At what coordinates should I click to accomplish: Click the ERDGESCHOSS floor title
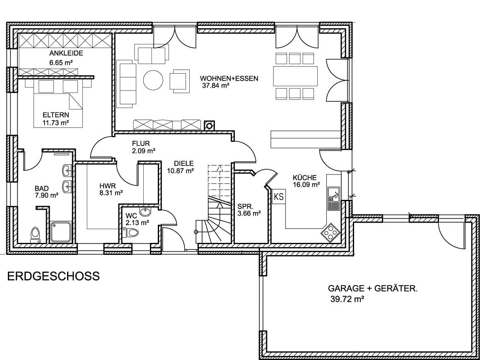[53, 276]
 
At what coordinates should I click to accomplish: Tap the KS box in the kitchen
[279, 197]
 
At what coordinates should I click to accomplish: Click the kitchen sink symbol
[334, 199]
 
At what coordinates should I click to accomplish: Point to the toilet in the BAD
[35, 235]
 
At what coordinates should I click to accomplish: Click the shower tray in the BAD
[61, 232]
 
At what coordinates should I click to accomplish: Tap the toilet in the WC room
[131, 233]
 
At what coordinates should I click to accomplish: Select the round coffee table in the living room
[153, 80]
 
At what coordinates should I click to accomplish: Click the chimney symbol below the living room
[210, 125]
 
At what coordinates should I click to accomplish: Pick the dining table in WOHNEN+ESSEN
[295, 76]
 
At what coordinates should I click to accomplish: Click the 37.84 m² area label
[216, 86]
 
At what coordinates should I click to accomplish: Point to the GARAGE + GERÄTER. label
[373, 288]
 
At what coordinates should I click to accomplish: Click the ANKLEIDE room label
[66, 53]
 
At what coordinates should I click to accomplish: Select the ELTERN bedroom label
[56, 115]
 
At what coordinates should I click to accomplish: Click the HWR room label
[107, 186]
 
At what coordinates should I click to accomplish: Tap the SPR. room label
[245, 206]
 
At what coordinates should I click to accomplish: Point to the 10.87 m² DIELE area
[180, 171]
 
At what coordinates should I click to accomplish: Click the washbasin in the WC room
[145, 211]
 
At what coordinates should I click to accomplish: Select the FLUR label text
[141, 144]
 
